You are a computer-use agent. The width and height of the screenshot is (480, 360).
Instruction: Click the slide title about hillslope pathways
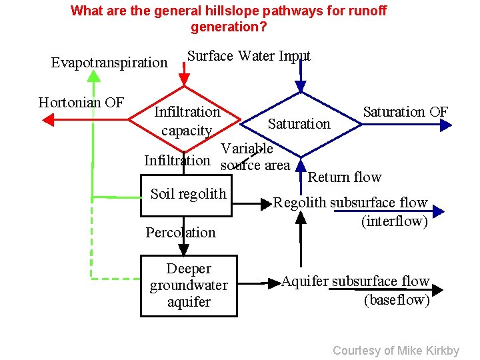(229, 19)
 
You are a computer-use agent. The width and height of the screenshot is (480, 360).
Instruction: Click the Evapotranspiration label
(109, 63)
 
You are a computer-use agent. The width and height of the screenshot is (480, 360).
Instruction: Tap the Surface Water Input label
(248, 56)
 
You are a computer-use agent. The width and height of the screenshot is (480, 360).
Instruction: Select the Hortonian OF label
(81, 103)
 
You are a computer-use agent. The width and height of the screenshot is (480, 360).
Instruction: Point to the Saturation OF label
(405, 111)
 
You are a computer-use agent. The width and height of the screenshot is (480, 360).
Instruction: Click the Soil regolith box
(188, 195)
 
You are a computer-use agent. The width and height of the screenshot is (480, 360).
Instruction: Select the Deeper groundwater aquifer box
(189, 285)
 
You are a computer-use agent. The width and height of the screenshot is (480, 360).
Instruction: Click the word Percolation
(181, 233)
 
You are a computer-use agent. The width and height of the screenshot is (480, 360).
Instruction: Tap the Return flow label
(344, 177)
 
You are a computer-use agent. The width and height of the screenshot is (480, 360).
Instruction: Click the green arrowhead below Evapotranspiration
(93, 76)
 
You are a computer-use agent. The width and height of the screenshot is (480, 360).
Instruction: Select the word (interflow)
(394, 221)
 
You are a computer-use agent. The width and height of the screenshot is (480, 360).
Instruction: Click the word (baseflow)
(396, 300)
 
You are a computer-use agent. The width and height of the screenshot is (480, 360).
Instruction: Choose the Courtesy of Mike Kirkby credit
(395, 351)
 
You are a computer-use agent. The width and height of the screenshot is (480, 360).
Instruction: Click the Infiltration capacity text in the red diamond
(187, 121)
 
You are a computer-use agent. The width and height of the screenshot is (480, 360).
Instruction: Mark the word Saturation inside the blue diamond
(299, 123)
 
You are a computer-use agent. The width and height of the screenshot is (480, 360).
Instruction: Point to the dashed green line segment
(117, 278)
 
